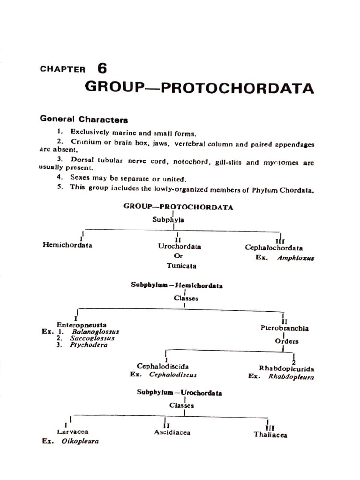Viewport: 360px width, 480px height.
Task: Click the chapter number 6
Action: coord(102,68)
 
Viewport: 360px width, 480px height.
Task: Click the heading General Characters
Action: coord(84,119)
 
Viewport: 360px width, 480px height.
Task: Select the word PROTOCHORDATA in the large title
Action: coord(238,88)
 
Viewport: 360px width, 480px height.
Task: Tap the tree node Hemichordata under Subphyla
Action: coord(67,245)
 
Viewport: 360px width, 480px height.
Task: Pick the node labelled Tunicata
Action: coord(181,266)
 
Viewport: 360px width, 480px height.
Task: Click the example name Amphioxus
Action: coord(295,258)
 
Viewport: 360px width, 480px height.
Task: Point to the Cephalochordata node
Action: coord(274,248)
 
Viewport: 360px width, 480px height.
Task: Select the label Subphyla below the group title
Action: coord(168,219)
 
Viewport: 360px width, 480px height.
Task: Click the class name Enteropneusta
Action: coord(82,324)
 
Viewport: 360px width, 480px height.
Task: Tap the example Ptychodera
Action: coord(89,345)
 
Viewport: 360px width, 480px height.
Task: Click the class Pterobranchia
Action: coord(285,328)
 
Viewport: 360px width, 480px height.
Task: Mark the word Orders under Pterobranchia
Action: coord(286,341)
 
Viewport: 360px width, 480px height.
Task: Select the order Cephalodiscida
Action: coord(163,366)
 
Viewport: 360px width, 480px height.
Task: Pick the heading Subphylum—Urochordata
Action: coord(180,393)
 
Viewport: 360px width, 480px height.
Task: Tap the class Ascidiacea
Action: coord(172,432)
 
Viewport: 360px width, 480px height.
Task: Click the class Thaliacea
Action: coord(270,435)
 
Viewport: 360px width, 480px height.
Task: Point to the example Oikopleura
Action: coord(80,441)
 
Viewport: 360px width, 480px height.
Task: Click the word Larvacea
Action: coord(73,432)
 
